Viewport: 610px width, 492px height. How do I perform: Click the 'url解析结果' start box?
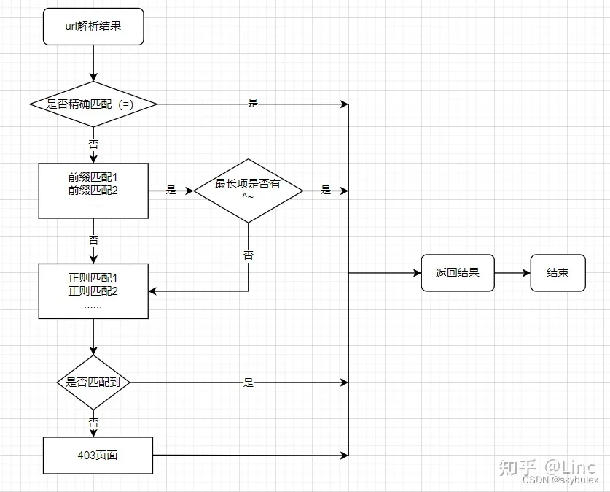point(93,28)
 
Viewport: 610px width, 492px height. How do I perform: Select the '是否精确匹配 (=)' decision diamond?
point(93,104)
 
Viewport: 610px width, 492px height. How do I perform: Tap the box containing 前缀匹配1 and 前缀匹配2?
point(93,191)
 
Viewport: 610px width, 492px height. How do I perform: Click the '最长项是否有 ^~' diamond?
point(248,191)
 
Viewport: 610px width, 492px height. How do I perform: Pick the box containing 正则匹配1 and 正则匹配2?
point(93,291)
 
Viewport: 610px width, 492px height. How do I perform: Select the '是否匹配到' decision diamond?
point(93,382)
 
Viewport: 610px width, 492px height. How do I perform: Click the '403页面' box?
point(98,455)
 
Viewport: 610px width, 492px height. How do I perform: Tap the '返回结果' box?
point(458,273)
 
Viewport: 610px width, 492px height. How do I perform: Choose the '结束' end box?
point(558,273)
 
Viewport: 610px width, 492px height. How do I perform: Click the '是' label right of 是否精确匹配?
point(253,104)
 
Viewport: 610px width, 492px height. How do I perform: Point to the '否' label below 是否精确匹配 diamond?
point(93,145)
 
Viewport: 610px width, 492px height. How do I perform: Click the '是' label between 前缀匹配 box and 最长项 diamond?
point(171,191)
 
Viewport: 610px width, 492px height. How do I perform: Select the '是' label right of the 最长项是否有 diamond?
point(326,191)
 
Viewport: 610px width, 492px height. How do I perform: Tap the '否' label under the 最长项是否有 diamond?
point(248,255)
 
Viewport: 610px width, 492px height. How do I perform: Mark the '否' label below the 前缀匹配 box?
point(93,239)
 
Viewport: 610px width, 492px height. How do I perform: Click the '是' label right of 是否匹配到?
point(249,383)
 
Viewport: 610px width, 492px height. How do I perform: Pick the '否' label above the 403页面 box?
point(93,422)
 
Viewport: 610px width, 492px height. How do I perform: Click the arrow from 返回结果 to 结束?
point(512,273)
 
